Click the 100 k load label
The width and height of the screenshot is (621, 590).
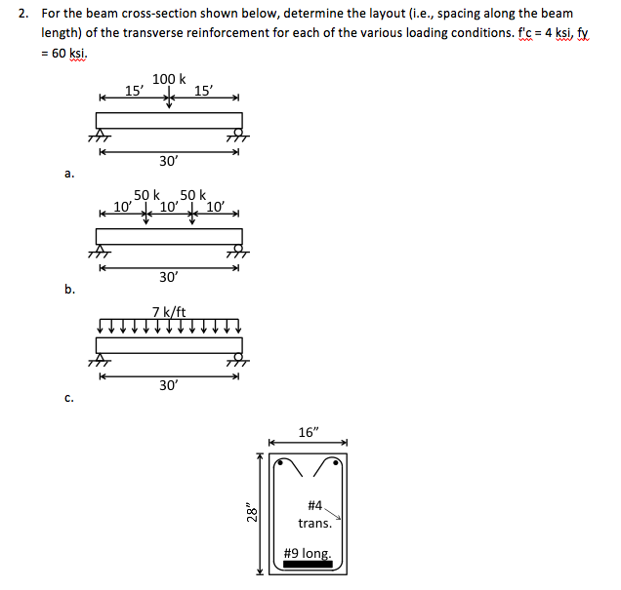point(169,79)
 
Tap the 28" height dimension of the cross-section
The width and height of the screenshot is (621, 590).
point(253,511)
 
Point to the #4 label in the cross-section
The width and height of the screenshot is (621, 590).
point(314,505)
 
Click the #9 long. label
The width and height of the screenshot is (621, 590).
point(308,553)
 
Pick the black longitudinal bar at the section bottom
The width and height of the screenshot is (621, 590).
point(308,565)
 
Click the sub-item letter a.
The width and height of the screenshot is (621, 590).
point(69,175)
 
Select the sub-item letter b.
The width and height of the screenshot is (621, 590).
point(69,289)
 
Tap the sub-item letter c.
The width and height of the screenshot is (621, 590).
point(69,397)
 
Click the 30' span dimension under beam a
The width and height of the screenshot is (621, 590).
point(169,159)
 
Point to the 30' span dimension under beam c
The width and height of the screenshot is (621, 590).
point(169,385)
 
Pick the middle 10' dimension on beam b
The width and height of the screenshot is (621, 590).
point(169,206)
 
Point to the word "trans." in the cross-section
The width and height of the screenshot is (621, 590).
point(315,524)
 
